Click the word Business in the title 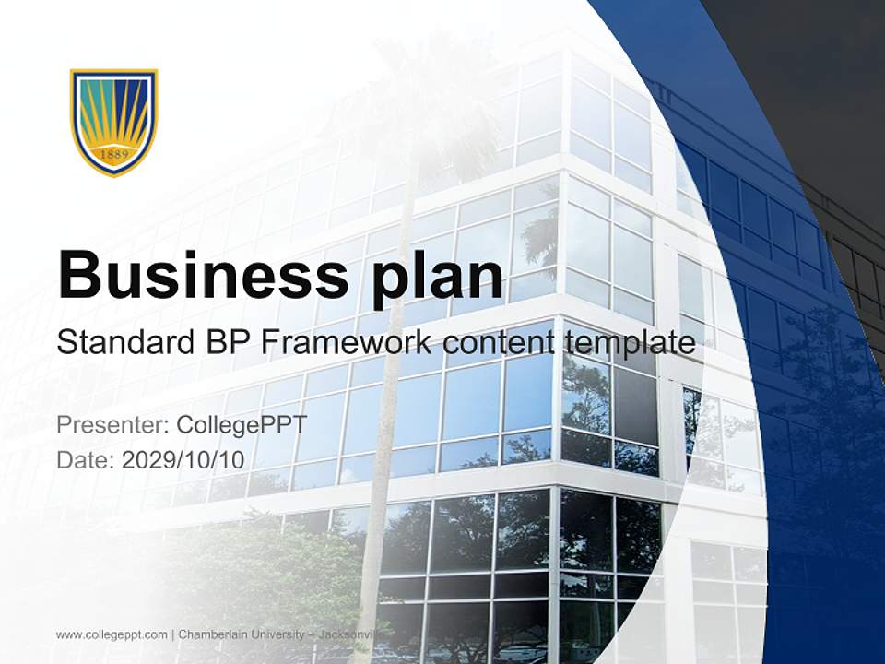point(197,274)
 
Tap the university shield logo point(114,121)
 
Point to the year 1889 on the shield point(113,155)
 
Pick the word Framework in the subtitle point(347,343)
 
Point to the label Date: point(86,459)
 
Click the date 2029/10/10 point(183,459)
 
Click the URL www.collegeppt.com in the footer point(112,634)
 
